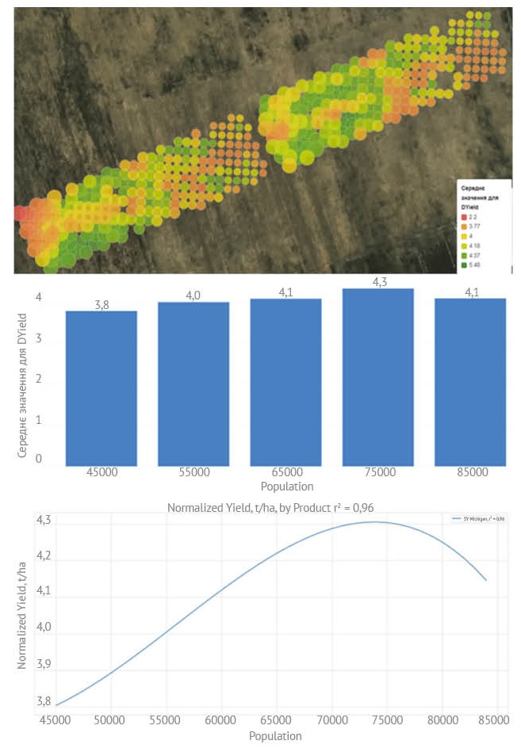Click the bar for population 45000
[102, 388]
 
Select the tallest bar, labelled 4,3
[378, 377]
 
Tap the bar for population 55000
[193, 384]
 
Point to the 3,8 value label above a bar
[102, 305]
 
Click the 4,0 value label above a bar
[193, 296]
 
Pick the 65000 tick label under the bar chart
[286, 472]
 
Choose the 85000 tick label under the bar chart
[470, 472]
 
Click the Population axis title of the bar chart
[286, 487]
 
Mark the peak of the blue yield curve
[375, 522]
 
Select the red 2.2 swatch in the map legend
[464, 216]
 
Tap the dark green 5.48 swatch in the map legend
[464, 265]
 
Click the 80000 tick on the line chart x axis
[442, 721]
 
